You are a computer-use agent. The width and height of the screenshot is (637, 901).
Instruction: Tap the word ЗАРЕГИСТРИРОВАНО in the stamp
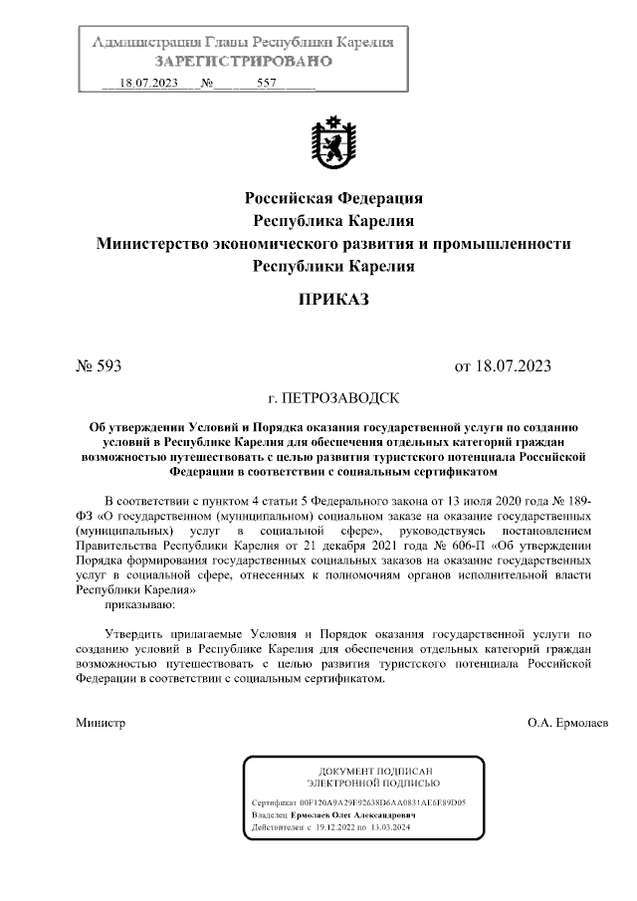242,62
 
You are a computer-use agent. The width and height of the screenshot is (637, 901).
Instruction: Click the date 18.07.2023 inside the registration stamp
147,85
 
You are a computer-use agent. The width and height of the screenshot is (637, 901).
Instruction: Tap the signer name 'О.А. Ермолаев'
570,722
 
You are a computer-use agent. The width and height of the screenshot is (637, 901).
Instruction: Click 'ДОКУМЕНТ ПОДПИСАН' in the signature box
375,772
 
